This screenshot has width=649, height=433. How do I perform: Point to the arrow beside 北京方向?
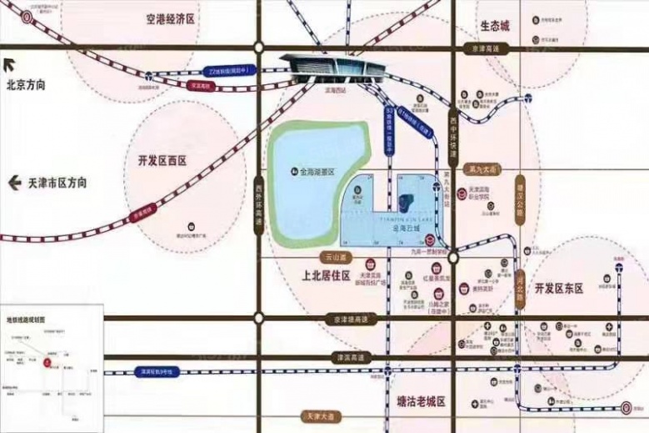click(9, 65)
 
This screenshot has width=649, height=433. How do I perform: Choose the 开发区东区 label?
click(558, 288)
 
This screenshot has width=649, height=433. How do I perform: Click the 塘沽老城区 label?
click(417, 401)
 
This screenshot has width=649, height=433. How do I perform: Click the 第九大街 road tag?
click(484, 169)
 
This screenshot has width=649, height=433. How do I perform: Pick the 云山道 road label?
click(336, 259)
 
